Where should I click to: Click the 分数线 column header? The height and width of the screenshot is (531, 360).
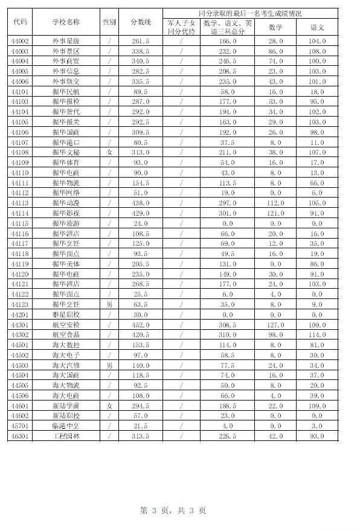click(140, 22)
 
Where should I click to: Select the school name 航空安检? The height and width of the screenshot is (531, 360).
click(66, 324)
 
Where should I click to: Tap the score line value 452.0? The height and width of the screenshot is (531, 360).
click(140, 324)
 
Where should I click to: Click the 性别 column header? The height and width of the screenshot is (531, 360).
click(109, 22)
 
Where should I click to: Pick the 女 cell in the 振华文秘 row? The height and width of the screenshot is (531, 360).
click(109, 152)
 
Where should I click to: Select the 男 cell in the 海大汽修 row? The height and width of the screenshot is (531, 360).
click(109, 365)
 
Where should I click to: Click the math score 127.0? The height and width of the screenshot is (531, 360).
click(275, 324)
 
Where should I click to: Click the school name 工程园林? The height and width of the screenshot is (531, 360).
click(66, 436)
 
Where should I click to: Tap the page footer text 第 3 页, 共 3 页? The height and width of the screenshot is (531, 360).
click(173, 510)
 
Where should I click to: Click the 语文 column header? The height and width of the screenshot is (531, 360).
click(318, 27)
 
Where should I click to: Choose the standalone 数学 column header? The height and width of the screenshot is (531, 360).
click(275, 27)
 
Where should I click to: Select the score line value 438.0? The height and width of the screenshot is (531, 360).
click(140, 203)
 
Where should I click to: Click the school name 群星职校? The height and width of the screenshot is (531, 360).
click(66, 314)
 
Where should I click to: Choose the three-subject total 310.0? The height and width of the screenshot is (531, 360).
click(228, 335)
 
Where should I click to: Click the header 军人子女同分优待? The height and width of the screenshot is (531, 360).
click(181, 27)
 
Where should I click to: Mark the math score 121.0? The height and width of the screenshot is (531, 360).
click(275, 213)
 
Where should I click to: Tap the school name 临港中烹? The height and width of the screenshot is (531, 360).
click(66, 426)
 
